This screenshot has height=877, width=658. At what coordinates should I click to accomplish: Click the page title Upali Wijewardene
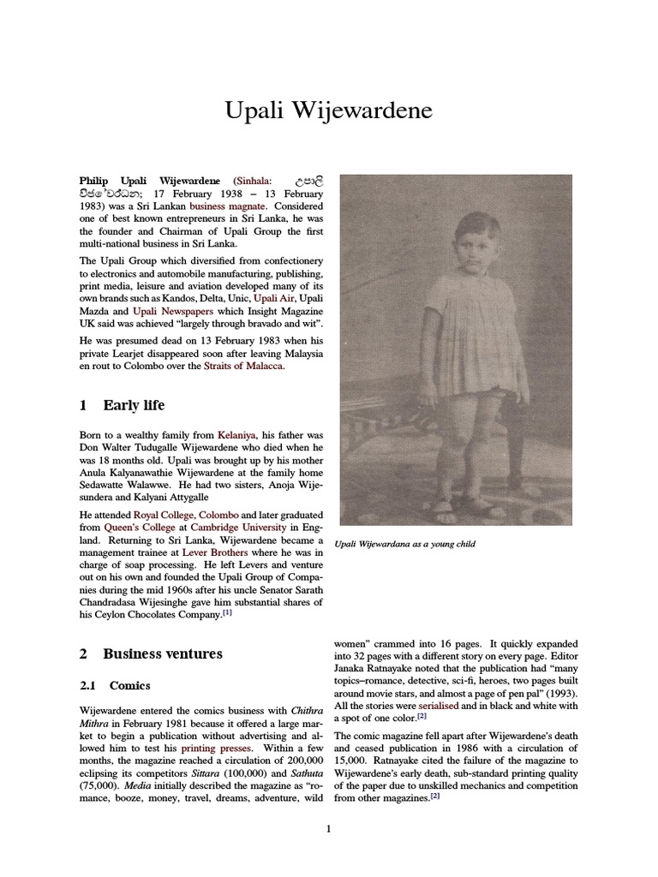point(328,110)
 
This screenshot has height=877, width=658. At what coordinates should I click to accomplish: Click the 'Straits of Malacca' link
point(242,367)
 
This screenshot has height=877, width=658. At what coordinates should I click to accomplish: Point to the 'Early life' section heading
point(134,405)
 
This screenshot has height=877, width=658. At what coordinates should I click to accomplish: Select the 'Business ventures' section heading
point(163,653)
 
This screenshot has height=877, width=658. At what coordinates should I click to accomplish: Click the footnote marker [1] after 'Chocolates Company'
point(226,613)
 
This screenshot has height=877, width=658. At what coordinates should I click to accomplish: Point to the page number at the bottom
point(328,828)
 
